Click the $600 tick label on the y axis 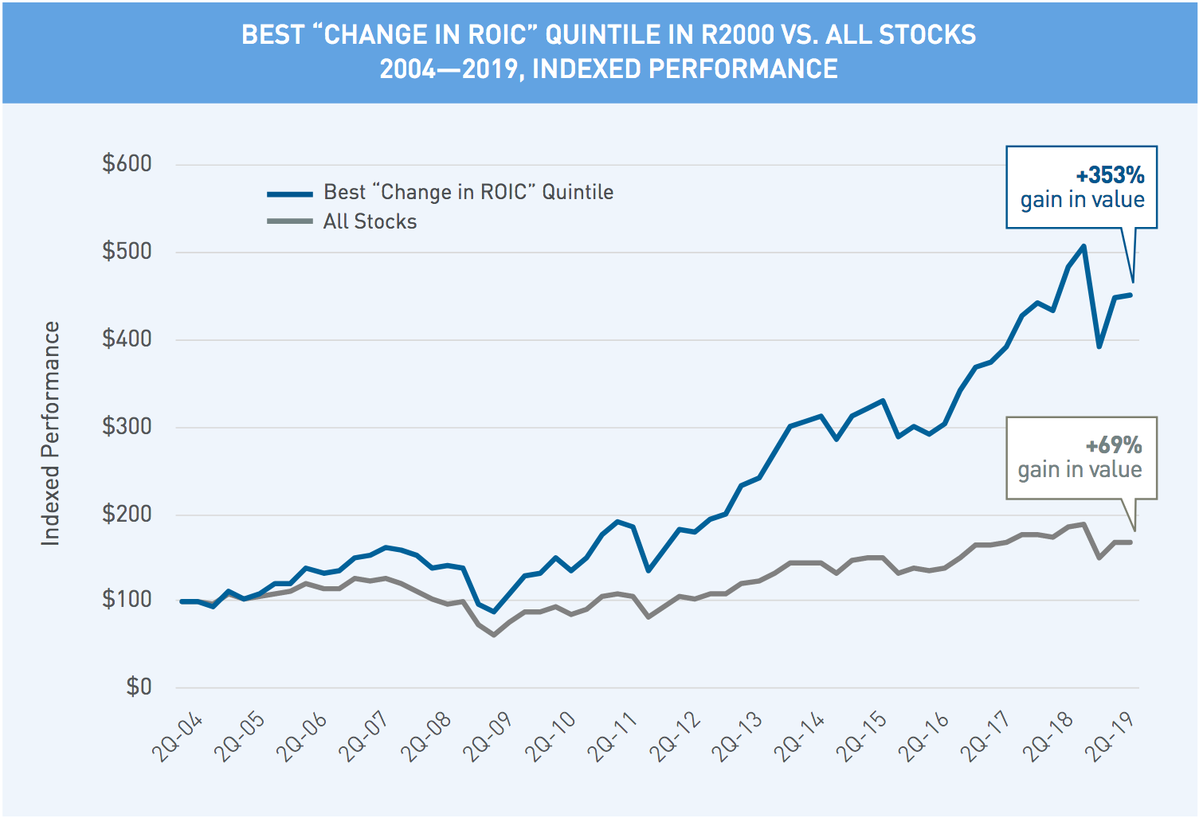[127, 164]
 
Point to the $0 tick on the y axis [139, 687]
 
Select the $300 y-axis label [127, 426]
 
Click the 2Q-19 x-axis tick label [1111, 738]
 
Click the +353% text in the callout [1110, 175]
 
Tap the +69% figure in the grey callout [1114, 445]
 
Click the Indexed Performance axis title [51, 433]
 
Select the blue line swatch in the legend [290, 194]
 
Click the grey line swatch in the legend [290, 221]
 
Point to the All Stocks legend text [370, 221]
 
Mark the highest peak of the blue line [1083, 246]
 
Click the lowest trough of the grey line [494, 635]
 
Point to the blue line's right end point [1131, 295]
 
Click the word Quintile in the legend [578, 192]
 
